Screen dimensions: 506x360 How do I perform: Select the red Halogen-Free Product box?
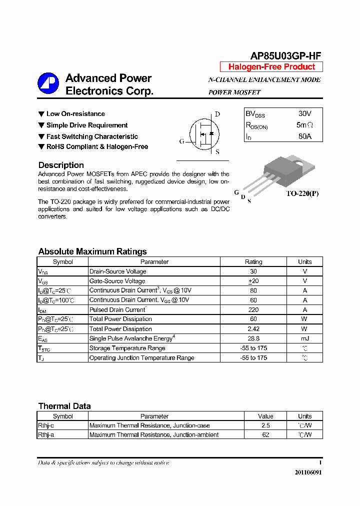[x=271, y=67]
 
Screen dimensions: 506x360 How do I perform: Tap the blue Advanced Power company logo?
[x=48, y=84]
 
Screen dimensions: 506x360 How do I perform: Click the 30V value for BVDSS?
[x=304, y=114]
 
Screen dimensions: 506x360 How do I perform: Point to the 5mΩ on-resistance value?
[x=304, y=125]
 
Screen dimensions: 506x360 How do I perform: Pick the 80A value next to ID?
[x=304, y=136]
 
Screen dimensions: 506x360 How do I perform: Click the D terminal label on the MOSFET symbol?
[x=217, y=114]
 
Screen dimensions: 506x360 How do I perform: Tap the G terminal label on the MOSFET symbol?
[x=182, y=141]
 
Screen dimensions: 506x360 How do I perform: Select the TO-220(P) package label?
[x=302, y=193]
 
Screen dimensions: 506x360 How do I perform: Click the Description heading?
[x=61, y=165]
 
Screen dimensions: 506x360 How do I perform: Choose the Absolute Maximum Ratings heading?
[x=92, y=251]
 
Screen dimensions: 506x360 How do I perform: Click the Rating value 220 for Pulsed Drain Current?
[x=253, y=309]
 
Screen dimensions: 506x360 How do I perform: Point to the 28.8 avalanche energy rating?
[x=253, y=338]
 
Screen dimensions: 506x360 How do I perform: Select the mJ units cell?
[x=304, y=338]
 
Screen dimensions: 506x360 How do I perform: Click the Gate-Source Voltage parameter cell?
[x=117, y=281]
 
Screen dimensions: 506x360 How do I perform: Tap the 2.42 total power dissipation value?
[x=253, y=329]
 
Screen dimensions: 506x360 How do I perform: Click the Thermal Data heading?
[x=64, y=406]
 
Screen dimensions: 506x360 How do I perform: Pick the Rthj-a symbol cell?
[x=46, y=435]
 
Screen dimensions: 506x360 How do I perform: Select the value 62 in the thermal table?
[x=265, y=435]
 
